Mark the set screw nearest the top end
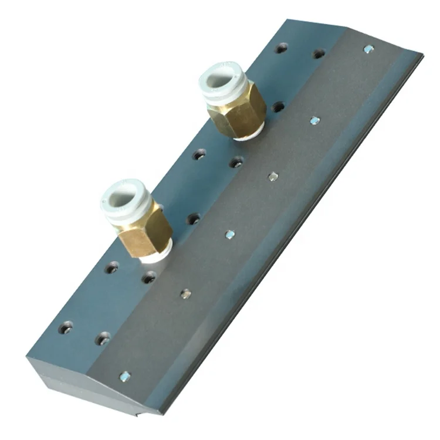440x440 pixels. pos(368,50)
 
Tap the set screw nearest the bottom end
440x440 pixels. pos(124,376)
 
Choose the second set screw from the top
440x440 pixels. pos(315,120)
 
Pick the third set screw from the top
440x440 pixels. pos(273,176)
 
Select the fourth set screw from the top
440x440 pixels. pos(230,235)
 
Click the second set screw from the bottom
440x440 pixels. pos(185,293)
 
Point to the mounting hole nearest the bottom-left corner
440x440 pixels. pos(66,327)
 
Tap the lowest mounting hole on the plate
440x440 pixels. pos(103,338)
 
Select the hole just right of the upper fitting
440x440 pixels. pos(279,107)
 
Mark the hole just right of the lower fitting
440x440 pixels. pos(194,219)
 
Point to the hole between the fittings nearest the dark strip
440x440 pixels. pos(236,162)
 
